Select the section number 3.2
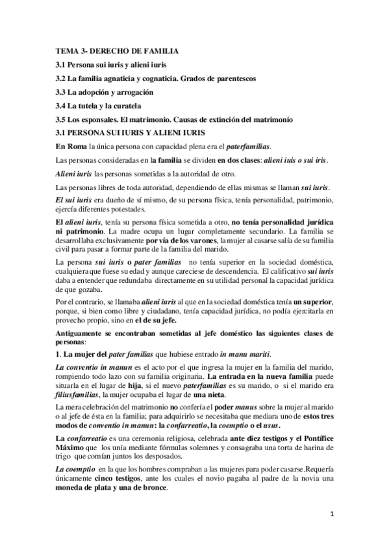click(62, 78)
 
